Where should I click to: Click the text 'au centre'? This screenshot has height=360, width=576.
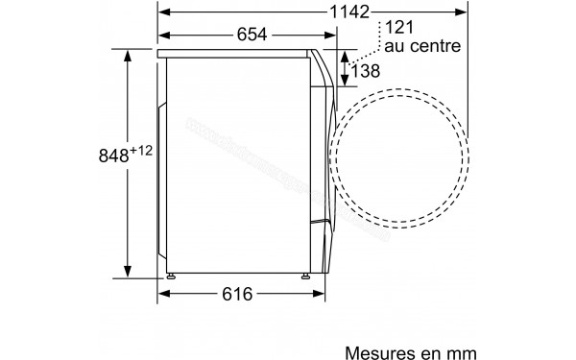point(423,45)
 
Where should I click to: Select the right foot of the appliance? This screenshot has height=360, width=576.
point(308,277)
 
